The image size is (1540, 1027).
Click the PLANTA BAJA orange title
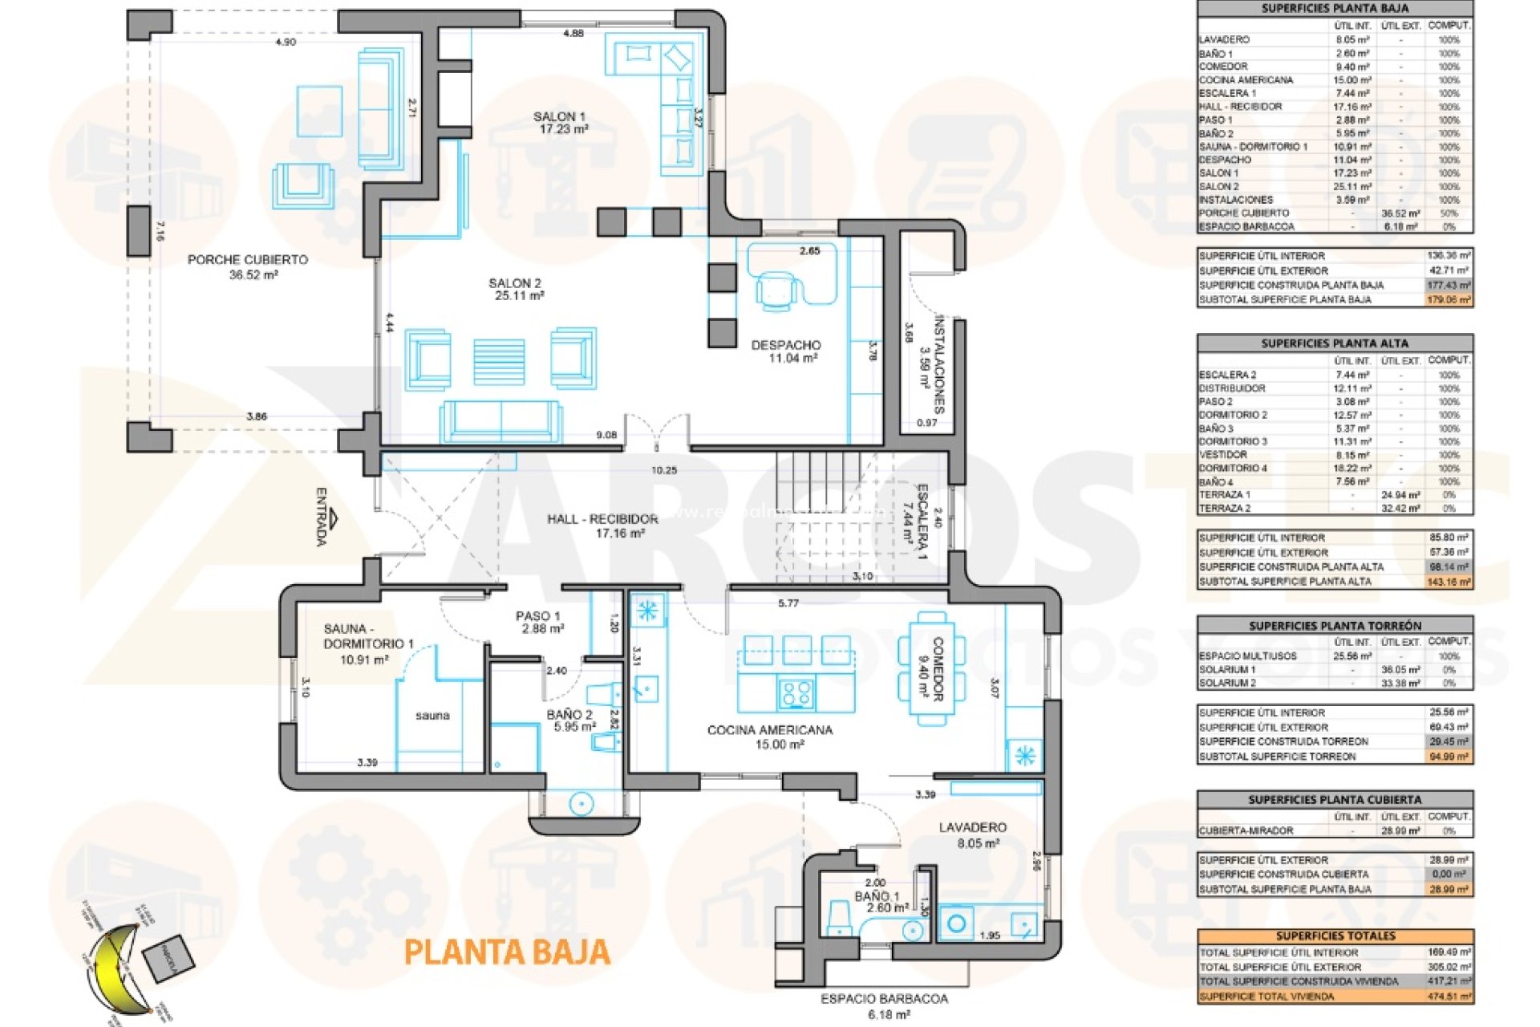tap(507, 952)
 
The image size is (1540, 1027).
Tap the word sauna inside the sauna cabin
tap(432, 716)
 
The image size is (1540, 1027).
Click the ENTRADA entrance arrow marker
tap(333, 518)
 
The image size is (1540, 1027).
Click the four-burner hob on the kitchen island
tap(796, 693)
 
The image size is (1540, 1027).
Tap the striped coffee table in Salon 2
tap(499, 361)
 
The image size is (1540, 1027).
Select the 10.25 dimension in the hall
tap(664, 471)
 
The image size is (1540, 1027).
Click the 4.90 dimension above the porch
tap(286, 42)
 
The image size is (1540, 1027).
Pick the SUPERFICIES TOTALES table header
tap(1335, 936)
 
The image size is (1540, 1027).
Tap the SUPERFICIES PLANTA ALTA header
tap(1335, 343)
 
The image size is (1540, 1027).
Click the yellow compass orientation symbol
tap(116, 967)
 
